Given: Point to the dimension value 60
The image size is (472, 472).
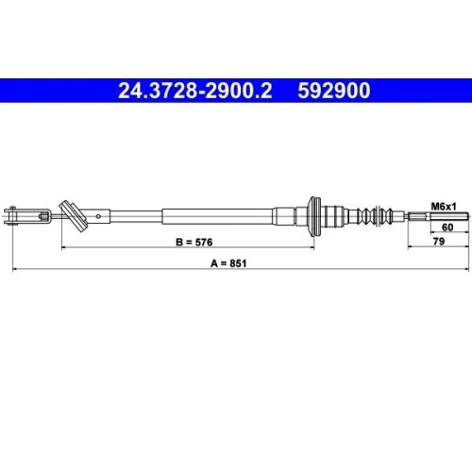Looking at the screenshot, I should [447, 228].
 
